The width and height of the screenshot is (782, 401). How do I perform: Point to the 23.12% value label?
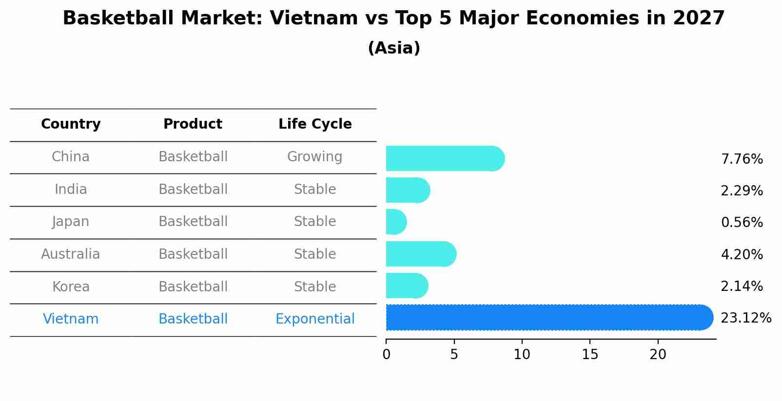[745, 318]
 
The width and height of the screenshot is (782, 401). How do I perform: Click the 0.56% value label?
[742, 223]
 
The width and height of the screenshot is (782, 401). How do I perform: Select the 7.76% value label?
[742, 159]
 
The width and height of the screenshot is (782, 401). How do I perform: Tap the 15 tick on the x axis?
[590, 355]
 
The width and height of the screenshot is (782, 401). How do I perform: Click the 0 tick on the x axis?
[386, 355]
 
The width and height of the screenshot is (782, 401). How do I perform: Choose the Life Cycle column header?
[315, 124]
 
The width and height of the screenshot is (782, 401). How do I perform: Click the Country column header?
[71, 124]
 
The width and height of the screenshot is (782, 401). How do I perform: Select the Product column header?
[193, 124]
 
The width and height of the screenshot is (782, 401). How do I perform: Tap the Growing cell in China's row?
[314, 157]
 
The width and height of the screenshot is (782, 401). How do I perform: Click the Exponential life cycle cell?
[315, 319]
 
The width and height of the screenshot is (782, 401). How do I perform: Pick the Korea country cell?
[71, 286]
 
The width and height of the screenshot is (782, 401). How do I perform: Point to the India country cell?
[71, 189]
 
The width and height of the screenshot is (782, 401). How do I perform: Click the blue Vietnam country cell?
[71, 319]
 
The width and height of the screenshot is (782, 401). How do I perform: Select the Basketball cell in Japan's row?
[193, 222]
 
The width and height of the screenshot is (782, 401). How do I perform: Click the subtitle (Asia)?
[394, 48]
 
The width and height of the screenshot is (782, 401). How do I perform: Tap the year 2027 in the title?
[699, 19]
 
